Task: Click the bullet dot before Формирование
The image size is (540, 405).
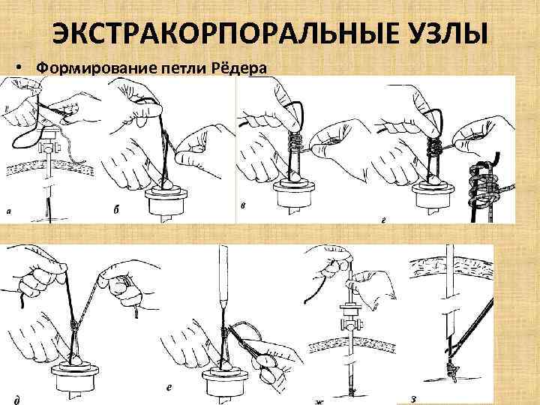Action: click(19, 68)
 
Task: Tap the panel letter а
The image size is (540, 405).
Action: click(8, 212)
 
